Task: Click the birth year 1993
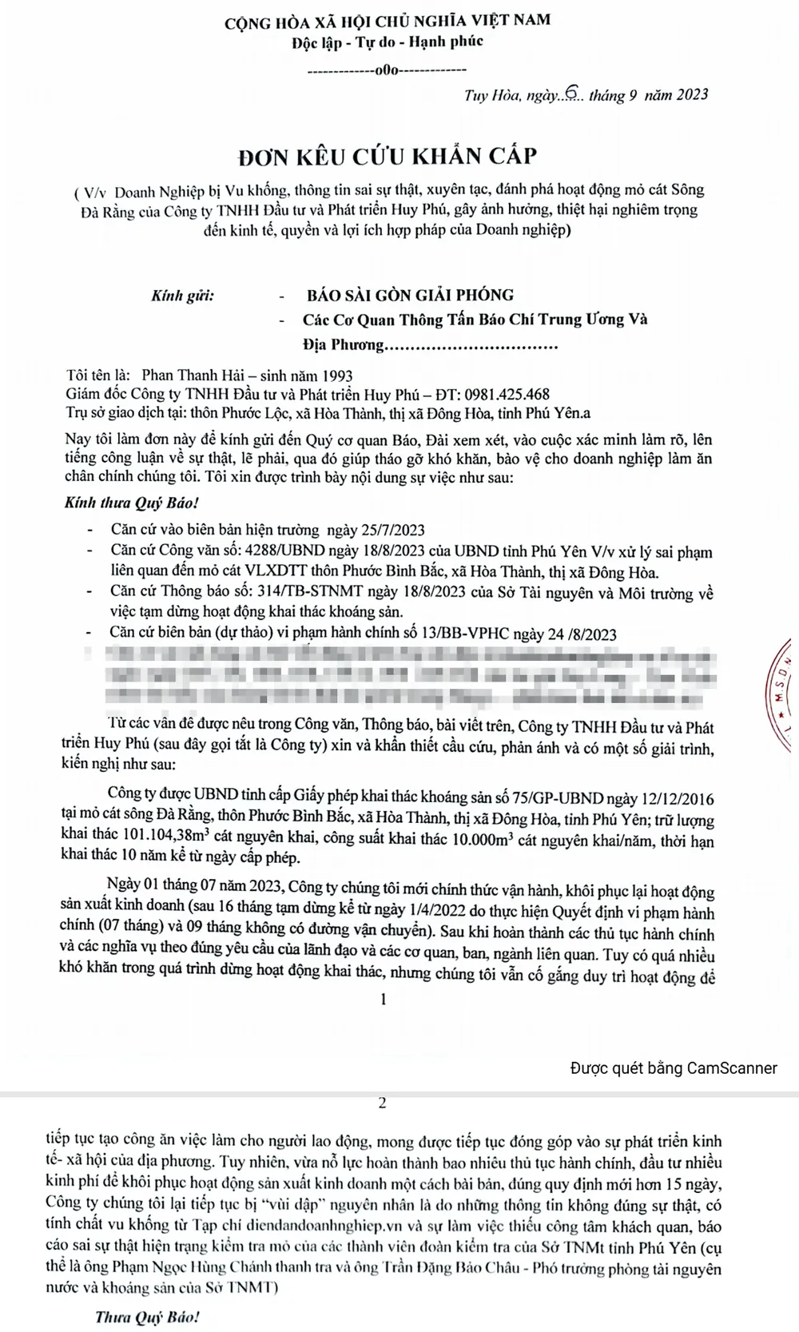click(336, 375)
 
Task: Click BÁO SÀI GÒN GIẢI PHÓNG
click(411, 295)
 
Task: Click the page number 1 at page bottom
click(384, 999)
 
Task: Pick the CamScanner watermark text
click(674, 1068)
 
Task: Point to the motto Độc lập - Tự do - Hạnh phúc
click(388, 41)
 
